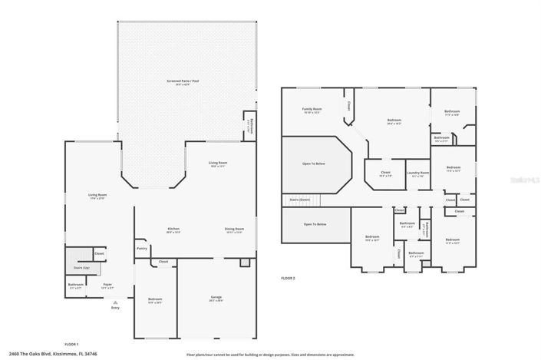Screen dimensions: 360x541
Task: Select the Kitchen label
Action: pyautogui.click(x=173, y=229)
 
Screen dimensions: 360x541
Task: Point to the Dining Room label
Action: pyautogui.click(x=234, y=229)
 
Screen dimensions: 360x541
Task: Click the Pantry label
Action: pyautogui.click(x=142, y=248)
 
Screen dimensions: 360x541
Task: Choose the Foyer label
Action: pyautogui.click(x=108, y=285)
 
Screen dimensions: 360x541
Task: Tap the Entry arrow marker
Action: pyautogui.click(x=115, y=304)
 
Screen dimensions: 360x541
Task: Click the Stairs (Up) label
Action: pyautogui.click(x=81, y=268)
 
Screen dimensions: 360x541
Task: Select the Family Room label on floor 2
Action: pyautogui.click(x=312, y=110)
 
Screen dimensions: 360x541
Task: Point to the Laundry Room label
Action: pyautogui.click(x=417, y=173)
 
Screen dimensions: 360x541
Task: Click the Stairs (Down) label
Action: pyautogui.click(x=299, y=199)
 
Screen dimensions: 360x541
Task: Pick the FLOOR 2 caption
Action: pyautogui.click(x=288, y=277)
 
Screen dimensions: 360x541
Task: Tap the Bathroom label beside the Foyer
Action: pyautogui.click(x=75, y=285)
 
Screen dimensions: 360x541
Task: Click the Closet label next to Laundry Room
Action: pyautogui.click(x=386, y=173)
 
